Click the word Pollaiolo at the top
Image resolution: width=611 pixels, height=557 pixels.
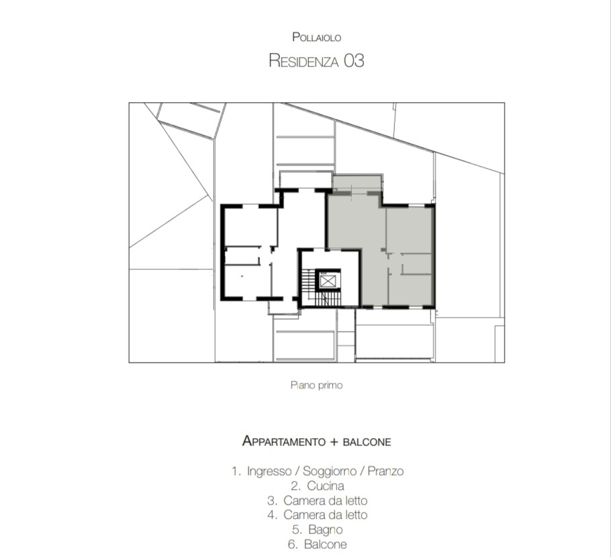pyautogui.click(x=317, y=38)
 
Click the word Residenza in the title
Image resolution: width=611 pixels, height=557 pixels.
pyautogui.click(x=303, y=61)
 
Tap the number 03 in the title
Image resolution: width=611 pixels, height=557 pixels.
pyautogui.click(x=354, y=61)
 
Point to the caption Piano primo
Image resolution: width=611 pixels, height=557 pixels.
pyautogui.click(x=316, y=386)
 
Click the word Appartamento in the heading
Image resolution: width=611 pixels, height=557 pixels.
pyautogui.click(x=283, y=441)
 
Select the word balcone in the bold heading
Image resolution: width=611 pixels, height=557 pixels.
pyautogui.click(x=367, y=441)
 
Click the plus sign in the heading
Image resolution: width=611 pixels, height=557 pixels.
pyautogui.click(x=334, y=442)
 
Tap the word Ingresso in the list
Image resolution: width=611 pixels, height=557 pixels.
pyautogui.click(x=269, y=471)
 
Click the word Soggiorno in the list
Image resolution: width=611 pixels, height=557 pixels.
pyautogui.click(x=330, y=471)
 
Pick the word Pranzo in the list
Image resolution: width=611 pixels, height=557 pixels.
pyautogui.click(x=385, y=471)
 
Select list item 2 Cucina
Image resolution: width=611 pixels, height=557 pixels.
pyautogui.click(x=318, y=486)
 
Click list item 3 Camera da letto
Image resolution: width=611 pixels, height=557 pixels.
pyautogui.click(x=318, y=501)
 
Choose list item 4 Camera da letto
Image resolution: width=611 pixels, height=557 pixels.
pyautogui.click(x=318, y=515)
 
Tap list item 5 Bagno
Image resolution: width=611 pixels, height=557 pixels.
pyautogui.click(x=318, y=529)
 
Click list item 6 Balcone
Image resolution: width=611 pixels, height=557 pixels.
pyautogui.click(x=318, y=544)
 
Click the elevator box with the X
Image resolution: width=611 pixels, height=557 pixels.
pyautogui.click(x=328, y=280)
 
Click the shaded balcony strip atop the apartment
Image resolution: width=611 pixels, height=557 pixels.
pyautogui.click(x=357, y=183)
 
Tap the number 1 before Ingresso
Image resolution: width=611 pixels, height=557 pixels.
pyautogui.click(x=234, y=471)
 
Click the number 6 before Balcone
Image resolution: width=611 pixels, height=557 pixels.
pyautogui.click(x=292, y=544)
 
